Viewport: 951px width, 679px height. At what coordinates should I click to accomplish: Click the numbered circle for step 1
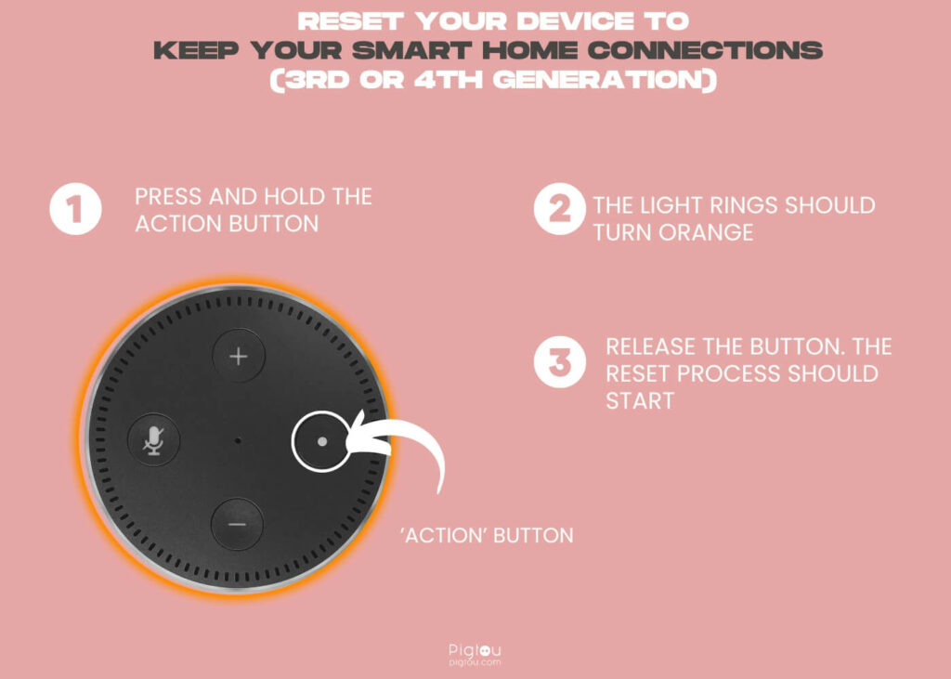click(x=75, y=209)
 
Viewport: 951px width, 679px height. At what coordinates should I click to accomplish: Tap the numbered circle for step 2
click(x=560, y=209)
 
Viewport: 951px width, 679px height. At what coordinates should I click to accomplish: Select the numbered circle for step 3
click(x=560, y=362)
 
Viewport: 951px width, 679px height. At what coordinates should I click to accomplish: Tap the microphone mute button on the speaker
click(x=153, y=439)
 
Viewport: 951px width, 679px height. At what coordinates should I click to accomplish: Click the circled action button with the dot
click(x=321, y=441)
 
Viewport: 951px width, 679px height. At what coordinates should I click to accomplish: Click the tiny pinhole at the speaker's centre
click(x=238, y=440)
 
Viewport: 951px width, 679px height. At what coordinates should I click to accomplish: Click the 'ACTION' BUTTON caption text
click(x=487, y=535)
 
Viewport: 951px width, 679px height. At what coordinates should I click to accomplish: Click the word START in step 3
click(x=640, y=400)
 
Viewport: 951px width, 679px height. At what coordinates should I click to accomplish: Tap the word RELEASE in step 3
click(x=650, y=346)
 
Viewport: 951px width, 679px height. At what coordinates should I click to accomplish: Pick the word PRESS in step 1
click(x=169, y=197)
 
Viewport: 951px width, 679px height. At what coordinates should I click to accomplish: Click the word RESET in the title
click(x=350, y=21)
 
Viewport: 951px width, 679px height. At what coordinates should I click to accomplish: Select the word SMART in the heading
click(x=411, y=50)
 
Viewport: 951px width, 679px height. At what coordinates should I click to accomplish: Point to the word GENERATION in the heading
click(x=605, y=80)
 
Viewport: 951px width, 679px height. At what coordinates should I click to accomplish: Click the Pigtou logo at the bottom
click(x=475, y=655)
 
